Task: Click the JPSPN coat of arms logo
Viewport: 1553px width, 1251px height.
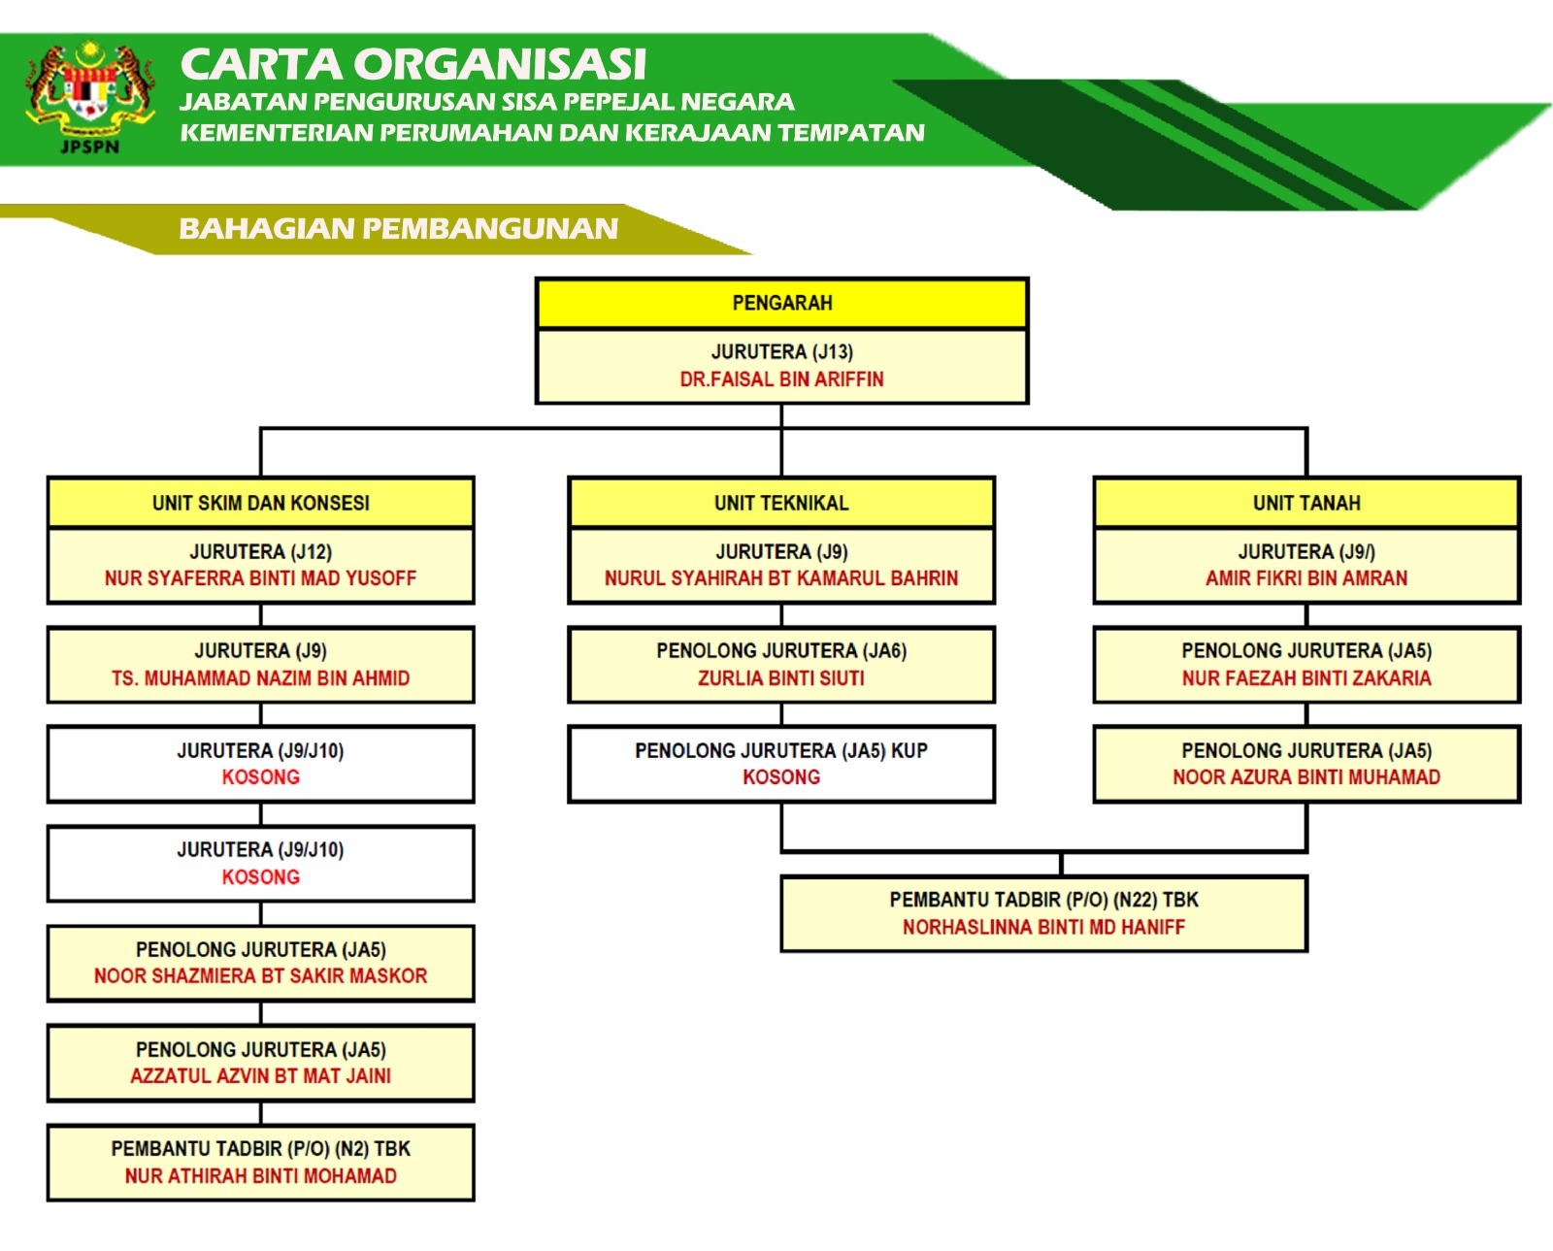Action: click(x=90, y=97)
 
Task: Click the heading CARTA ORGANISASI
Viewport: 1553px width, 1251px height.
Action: click(x=413, y=63)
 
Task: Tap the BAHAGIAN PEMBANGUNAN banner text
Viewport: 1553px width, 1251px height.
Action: click(x=398, y=228)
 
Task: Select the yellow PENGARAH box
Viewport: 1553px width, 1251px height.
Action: click(x=781, y=303)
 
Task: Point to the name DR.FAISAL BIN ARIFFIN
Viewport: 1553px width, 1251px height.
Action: click(x=781, y=379)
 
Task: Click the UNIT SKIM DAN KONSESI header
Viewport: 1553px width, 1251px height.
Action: click(x=260, y=503)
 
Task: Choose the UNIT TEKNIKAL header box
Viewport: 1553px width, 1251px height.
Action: click(x=781, y=503)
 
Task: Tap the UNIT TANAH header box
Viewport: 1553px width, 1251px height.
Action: click(x=1306, y=503)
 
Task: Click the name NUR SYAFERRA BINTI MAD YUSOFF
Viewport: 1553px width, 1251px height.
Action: click(x=260, y=578)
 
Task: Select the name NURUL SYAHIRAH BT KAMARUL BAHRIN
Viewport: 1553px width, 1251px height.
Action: click(x=781, y=578)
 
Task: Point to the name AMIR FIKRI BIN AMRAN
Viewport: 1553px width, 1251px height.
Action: click(x=1306, y=578)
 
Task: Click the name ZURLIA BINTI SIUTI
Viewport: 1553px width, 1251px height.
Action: click(x=781, y=677)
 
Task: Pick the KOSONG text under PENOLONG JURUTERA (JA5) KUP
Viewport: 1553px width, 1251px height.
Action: click(x=781, y=777)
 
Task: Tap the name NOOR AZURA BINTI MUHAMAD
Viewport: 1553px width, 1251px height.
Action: click(x=1306, y=777)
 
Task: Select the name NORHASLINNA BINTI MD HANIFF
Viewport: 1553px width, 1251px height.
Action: click(x=1044, y=927)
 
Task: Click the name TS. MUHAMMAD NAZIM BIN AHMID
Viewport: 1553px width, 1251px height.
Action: click(x=260, y=677)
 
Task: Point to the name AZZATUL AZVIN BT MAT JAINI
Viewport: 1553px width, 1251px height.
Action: click(x=260, y=1076)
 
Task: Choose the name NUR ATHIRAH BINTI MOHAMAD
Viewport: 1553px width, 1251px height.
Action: click(x=260, y=1176)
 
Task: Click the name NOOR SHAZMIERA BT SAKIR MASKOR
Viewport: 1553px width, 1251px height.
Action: click(x=260, y=976)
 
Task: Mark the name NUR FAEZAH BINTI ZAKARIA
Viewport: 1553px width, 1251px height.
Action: click(x=1306, y=677)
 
